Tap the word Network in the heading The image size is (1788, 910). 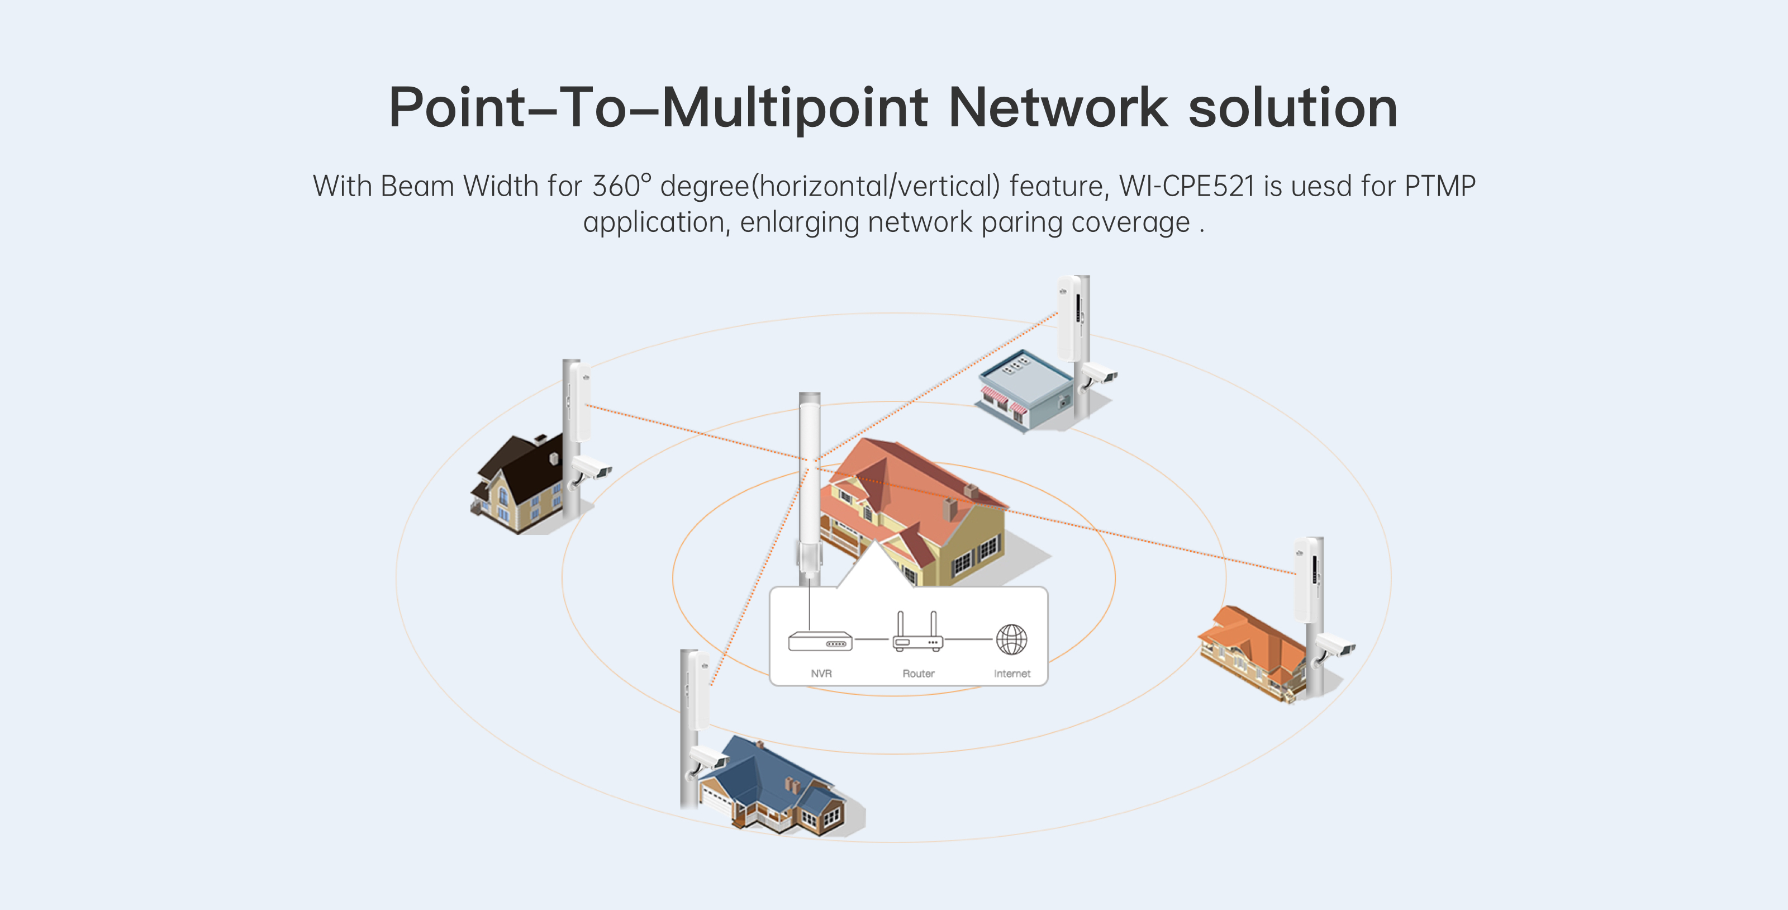pyautogui.click(x=1058, y=108)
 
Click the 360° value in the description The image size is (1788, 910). pyautogui.click(x=621, y=186)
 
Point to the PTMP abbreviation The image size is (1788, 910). pyautogui.click(x=1439, y=186)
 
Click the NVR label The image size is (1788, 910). pyautogui.click(x=821, y=674)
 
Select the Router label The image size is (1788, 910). pyautogui.click(x=917, y=674)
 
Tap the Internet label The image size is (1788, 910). pyautogui.click(x=1011, y=674)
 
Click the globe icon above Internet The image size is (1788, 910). pyautogui.click(x=1011, y=638)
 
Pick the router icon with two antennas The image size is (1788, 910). pyautogui.click(x=917, y=633)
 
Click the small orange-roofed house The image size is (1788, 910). pyautogui.click(x=1249, y=649)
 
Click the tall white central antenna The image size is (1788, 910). pyautogui.click(x=809, y=486)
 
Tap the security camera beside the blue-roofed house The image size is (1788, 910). pyautogui.click(x=707, y=758)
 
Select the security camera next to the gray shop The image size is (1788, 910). pyautogui.click(x=1100, y=375)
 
